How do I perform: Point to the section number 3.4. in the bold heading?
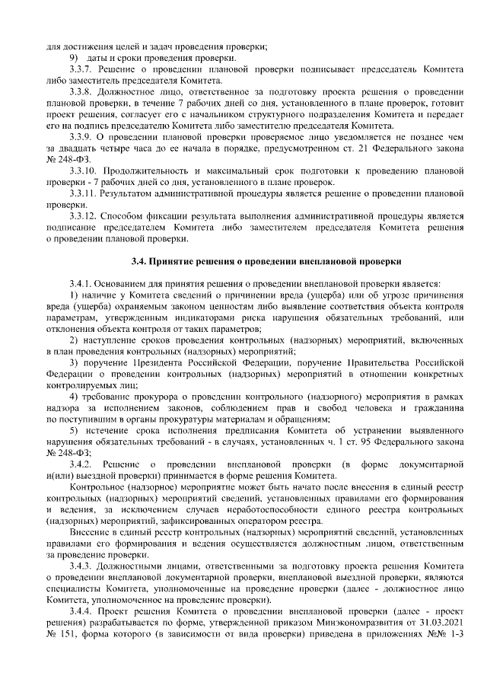coord(139,261)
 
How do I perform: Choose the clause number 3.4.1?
coord(81,283)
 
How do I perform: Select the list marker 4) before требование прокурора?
coord(75,396)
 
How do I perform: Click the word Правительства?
coord(359,362)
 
